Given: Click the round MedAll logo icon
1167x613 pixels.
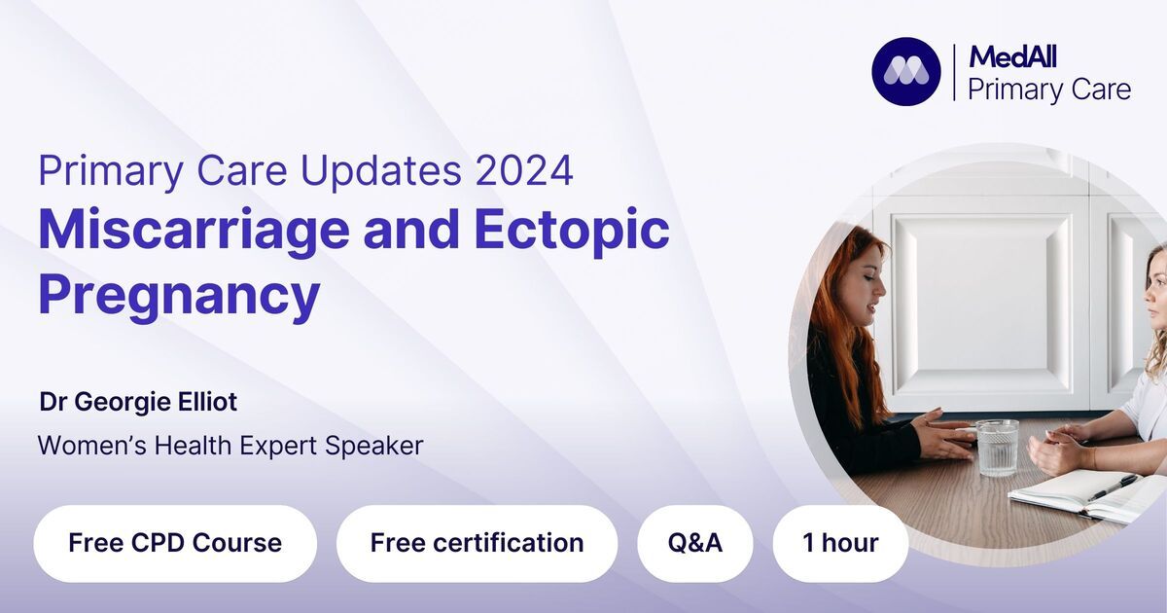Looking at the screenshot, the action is [906, 71].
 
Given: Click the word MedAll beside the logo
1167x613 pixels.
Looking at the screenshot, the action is [1012, 56].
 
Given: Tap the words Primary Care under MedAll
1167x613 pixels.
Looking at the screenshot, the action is [1049, 90].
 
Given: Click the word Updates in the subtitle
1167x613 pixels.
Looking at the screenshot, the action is [381, 171].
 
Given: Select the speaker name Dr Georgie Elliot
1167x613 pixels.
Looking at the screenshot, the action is [138, 402].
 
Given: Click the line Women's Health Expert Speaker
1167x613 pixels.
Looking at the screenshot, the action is [230, 446].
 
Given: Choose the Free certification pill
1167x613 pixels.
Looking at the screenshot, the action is [477, 543].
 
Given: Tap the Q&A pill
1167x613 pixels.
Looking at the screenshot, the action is [695, 543].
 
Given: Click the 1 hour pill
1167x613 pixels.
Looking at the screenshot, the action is [840, 543].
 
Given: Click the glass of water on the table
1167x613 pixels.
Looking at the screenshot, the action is [997, 448].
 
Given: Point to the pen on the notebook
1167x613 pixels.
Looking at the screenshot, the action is [1112, 487].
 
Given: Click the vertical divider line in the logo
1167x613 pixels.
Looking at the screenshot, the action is [954, 72].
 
